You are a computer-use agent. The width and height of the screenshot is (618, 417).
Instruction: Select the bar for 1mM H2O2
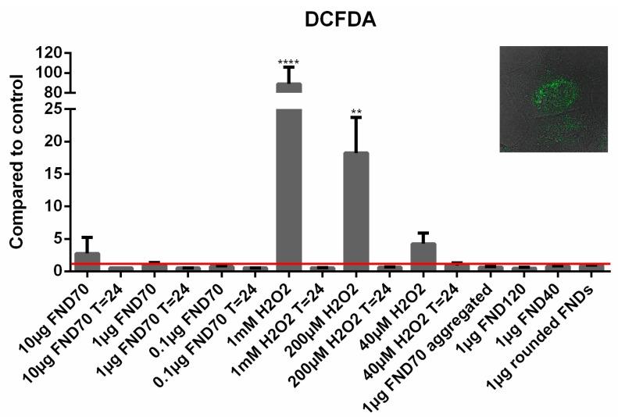coord(288,187)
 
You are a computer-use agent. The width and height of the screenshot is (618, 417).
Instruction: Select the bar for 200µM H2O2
coord(355,211)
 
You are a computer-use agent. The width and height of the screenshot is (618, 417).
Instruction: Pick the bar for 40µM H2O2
coord(423,256)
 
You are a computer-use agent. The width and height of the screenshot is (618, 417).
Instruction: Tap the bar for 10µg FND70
coord(87,261)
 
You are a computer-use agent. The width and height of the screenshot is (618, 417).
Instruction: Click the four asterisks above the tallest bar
coord(288,62)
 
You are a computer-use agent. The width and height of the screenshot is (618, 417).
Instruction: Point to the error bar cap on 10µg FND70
coord(87,237)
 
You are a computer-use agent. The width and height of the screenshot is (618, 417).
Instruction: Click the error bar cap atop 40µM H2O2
coord(423,233)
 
